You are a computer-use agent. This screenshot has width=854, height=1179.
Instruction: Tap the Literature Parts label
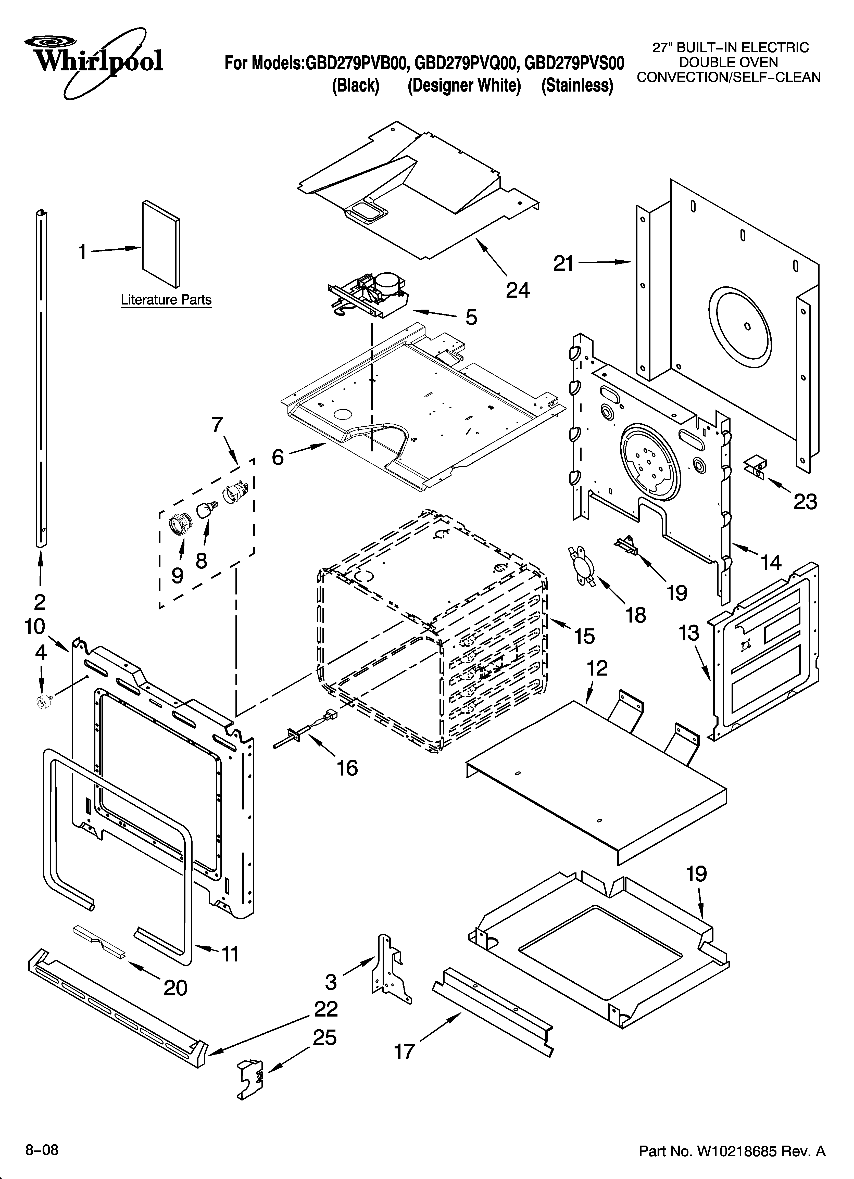tap(166, 300)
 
